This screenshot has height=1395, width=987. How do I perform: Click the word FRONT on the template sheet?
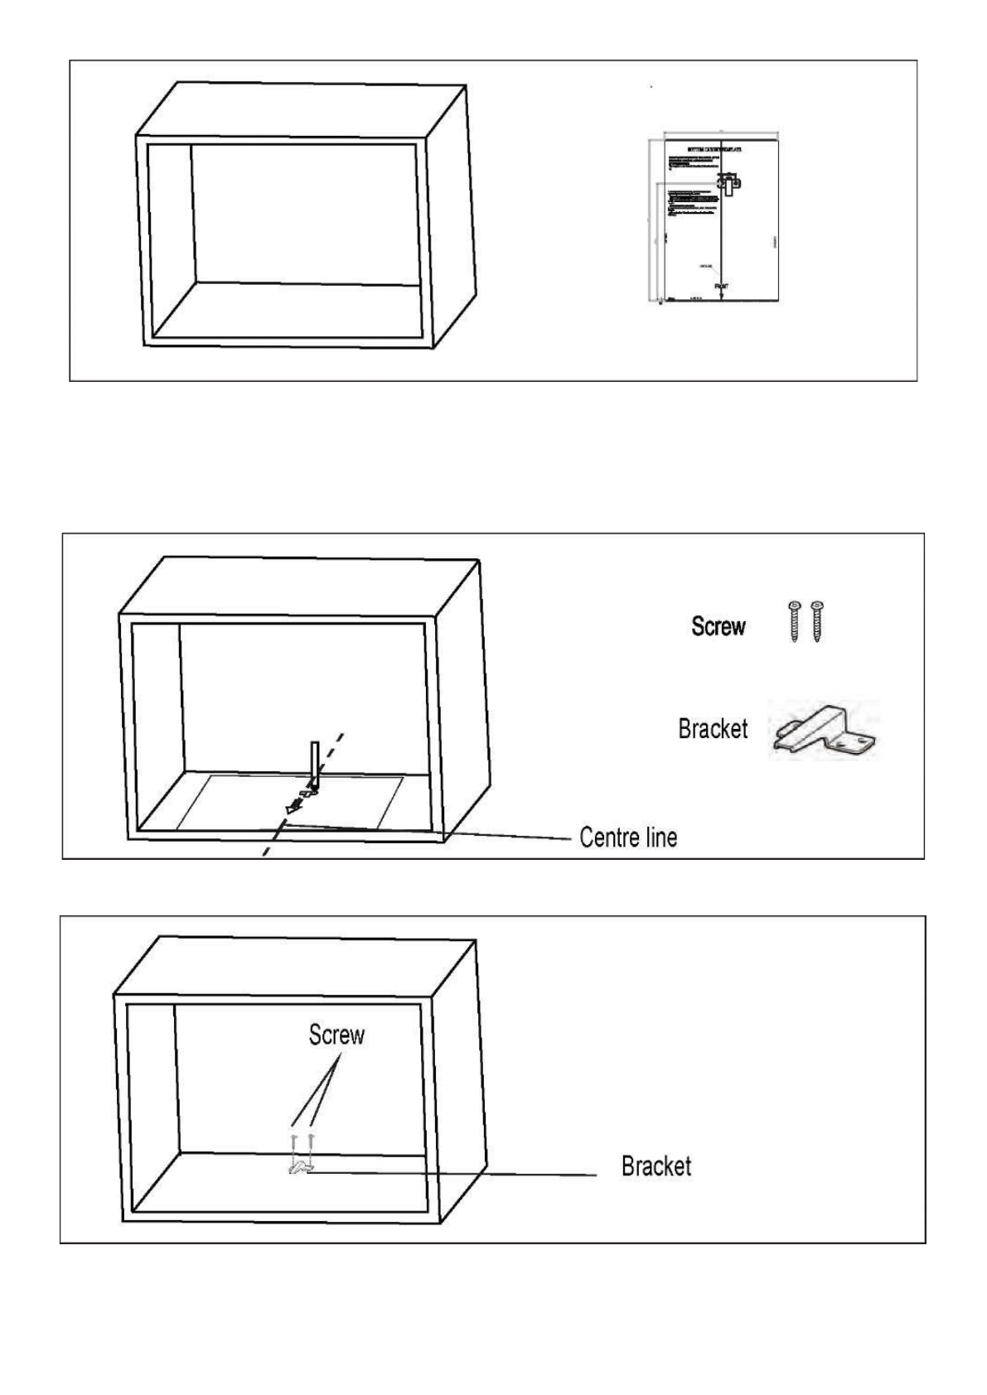(x=722, y=285)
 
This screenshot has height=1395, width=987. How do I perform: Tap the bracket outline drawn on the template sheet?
(x=728, y=183)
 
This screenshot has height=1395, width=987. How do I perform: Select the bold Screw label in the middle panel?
(x=718, y=627)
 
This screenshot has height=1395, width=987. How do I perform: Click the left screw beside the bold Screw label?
(x=795, y=622)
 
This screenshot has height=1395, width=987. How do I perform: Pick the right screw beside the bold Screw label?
(x=816, y=622)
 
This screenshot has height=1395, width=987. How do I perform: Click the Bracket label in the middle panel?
(x=713, y=729)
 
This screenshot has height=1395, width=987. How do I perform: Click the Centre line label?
(x=628, y=837)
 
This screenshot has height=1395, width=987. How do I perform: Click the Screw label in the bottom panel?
(x=336, y=1035)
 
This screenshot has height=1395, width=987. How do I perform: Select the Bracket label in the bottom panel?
(x=656, y=1166)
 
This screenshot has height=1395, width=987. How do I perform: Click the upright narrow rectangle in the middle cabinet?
(x=314, y=762)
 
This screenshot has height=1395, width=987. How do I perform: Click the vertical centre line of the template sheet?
(x=722, y=240)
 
